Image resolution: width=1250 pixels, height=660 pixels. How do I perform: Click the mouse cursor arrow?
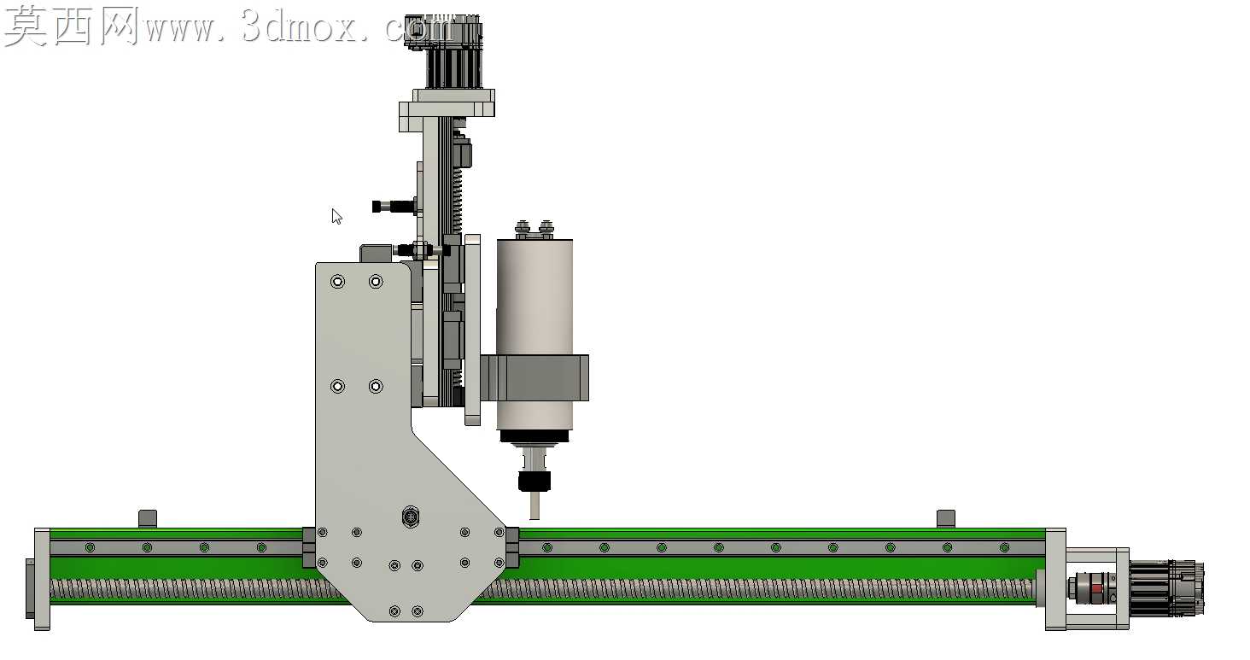pyautogui.click(x=336, y=217)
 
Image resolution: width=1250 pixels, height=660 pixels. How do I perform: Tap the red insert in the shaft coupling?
pyautogui.click(x=1097, y=588)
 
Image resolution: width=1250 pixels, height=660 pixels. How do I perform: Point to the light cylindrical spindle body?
pyautogui.click(x=534, y=335)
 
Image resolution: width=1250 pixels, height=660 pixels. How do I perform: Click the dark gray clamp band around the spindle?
pyautogui.click(x=534, y=377)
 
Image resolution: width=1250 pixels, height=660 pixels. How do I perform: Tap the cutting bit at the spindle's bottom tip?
pyautogui.click(x=534, y=505)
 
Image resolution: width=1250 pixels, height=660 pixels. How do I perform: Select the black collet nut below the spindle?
pyautogui.click(x=534, y=482)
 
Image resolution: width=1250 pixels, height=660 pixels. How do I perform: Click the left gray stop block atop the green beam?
pyautogui.click(x=148, y=517)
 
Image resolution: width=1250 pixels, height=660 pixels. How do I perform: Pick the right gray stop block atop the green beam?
pyautogui.click(x=946, y=517)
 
